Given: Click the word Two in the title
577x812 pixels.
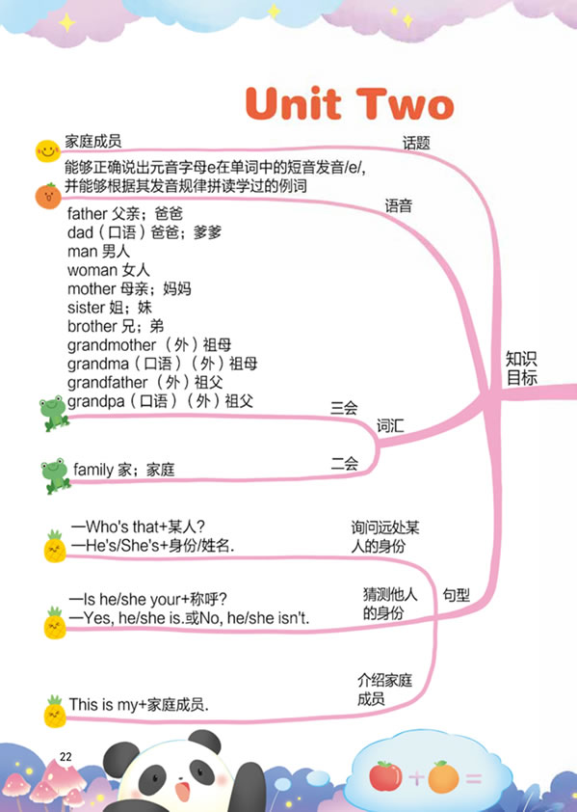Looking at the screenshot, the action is (406, 104).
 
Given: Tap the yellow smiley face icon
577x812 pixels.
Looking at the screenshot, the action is (47, 150).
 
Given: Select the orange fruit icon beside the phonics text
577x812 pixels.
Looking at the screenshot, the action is (48, 196).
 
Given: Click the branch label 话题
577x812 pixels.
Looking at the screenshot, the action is (416, 143).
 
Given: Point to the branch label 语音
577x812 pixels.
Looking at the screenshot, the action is (398, 205).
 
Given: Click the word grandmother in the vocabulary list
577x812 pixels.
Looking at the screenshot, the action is (112, 345).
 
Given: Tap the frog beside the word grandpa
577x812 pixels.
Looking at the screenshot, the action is (54, 414).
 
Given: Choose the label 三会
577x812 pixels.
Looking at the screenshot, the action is (344, 408).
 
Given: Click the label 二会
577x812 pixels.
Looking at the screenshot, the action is (345, 463).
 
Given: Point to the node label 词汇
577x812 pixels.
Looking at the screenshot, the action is (390, 426).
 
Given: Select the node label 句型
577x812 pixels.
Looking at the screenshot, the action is (456, 595).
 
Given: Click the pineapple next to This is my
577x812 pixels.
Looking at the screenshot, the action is (55, 712).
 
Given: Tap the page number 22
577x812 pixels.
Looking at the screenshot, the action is (66, 757).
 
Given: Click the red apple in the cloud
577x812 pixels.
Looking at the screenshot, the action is (385, 776).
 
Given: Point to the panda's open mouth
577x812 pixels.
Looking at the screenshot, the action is (181, 792).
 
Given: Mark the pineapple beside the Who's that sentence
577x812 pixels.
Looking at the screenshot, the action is (55, 547).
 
